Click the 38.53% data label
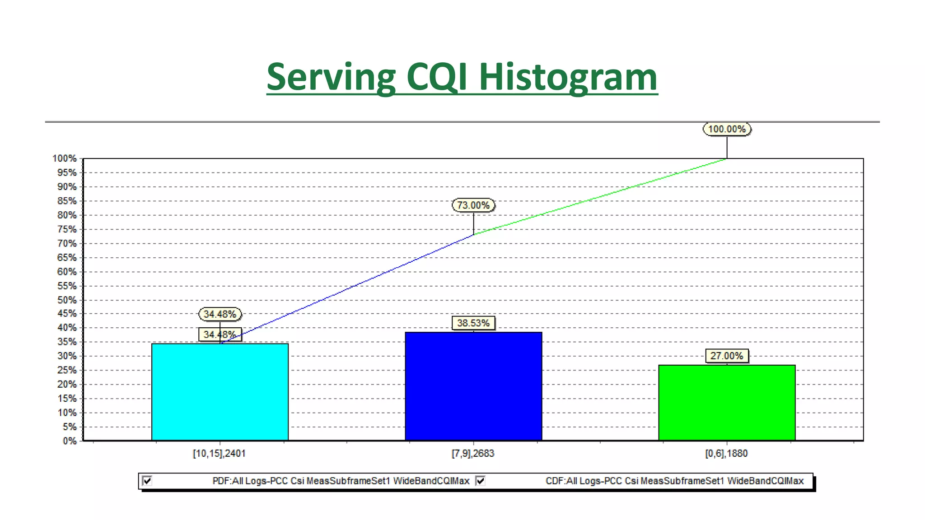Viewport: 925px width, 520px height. [x=473, y=323]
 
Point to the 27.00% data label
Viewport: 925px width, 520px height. [x=726, y=356]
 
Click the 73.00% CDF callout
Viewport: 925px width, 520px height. [x=473, y=205]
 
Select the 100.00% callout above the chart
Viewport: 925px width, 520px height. [x=727, y=129]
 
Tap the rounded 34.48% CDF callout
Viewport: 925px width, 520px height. [x=220, y=314]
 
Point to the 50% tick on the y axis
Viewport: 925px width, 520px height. [x=67, y=300]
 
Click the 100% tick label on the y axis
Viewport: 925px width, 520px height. [x=65, y=158]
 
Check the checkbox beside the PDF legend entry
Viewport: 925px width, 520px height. [x=147, y=481]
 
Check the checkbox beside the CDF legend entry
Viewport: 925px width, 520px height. [x=481, y=481]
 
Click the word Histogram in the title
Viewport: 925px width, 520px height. [x=568, y=77]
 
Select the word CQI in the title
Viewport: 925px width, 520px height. [x=437, y=77]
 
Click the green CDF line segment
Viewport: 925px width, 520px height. [x=601, y=196]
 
